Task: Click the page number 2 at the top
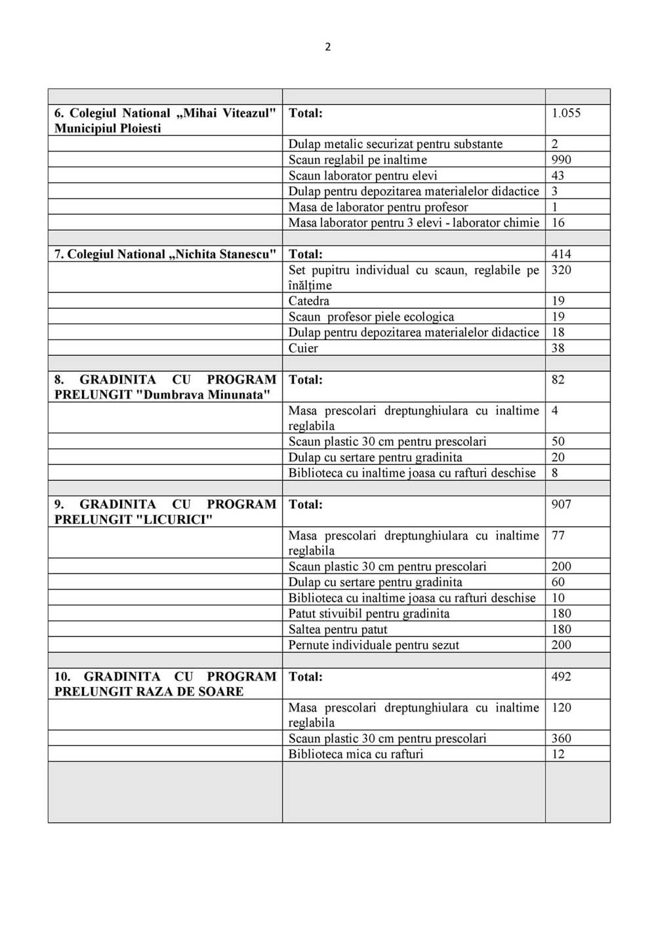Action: (x=328, y=47)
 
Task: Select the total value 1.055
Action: (x=566, y=113)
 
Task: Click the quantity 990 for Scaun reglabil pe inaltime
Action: (x=561, y=159)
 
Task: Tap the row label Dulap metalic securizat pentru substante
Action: (x=396, y=144)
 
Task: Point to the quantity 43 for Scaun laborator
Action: (x=558, y=175)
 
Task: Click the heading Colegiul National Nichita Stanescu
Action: (x=165, y=254)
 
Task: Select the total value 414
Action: (x=561, y=254)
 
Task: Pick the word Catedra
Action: (x=309, y=301)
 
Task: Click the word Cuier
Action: (x=303, y=348)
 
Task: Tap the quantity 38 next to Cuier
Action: (x=558, y=348)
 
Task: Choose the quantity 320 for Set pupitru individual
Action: (x=561, y=269)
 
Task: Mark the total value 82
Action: (x=558, y=379)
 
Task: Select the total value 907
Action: (x=561, y=504)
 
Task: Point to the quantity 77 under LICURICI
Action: (x=558, y=535)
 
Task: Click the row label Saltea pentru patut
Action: (x=338, y=629)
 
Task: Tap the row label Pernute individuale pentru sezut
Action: (x=374, y=645)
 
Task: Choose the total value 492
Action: (x=561, y=677)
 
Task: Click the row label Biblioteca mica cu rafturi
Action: (x=356, y=754)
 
